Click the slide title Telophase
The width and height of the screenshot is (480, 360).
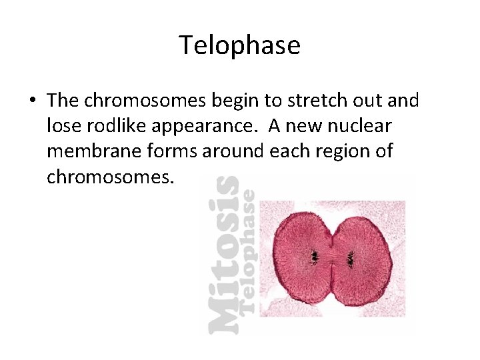coord(239,45)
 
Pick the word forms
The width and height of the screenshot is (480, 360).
coord(161,151)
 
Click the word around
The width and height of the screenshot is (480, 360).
coord(227,151)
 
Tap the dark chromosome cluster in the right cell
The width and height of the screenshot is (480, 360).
coord(350,257)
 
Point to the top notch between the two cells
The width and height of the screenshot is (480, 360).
coord(332,225)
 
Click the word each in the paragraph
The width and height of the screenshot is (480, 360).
coord(287,151)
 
